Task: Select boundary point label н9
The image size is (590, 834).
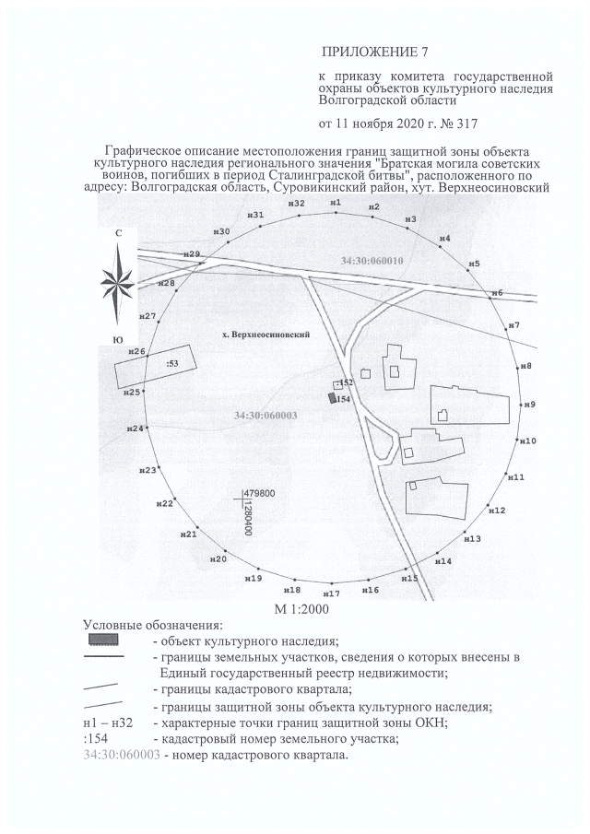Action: pyautogui.click(x=531, y=405)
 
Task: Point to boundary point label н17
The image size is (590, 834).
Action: pyautogui.click(x=332, y=594)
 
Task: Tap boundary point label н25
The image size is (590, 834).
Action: pyautogui.click(x=132, y=393)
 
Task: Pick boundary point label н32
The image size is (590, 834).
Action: pyautogui.click(x=296, y=203)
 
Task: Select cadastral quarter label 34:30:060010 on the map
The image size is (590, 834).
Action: pyautogui.click(x=372, y=262)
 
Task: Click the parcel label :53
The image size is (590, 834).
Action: pyautogui.click(x=171, y=364)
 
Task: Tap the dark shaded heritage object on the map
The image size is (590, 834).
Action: pyautogui.click(x=332, y=398)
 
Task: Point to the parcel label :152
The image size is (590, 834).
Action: pyautogui.click(x=346, y=382)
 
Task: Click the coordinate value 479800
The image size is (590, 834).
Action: pyautogui.click(x=259, y=494)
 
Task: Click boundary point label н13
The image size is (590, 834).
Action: pyautogui.click(x=473, y=538)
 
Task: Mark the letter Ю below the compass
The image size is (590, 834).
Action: pyautogui.click(x=118, y=340)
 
